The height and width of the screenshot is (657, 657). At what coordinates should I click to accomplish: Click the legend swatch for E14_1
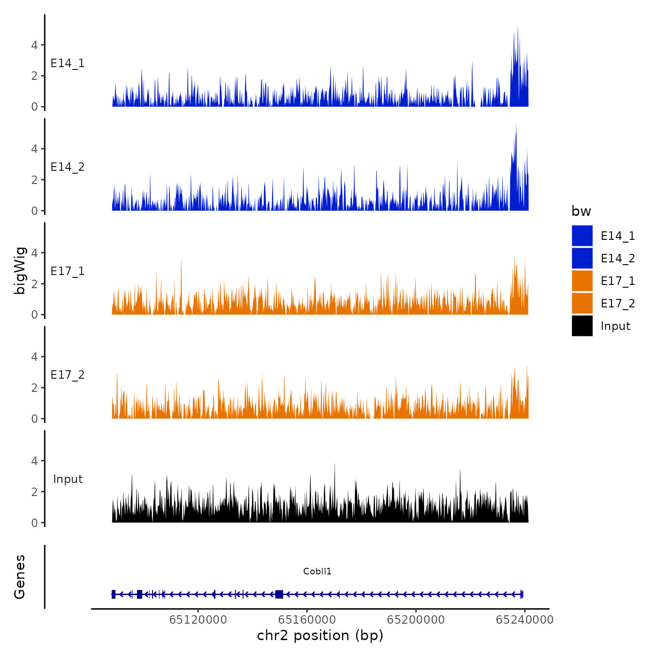click(582, 236)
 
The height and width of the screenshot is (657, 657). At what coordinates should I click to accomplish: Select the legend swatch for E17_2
click(582, 303)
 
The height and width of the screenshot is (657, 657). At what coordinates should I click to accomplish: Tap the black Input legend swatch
click(582, 326)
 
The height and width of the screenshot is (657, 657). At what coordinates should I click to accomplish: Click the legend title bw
click(581, 211)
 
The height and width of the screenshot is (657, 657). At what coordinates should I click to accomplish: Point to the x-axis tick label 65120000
click(198, 620)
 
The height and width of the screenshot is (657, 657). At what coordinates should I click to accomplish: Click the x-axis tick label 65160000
click(307, 620)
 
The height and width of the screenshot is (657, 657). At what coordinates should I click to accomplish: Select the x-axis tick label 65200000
click(416, 620)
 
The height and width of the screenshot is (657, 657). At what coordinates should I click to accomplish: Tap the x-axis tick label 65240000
click(525, 620)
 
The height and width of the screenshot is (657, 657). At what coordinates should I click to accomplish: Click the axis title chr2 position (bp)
click(320, 635)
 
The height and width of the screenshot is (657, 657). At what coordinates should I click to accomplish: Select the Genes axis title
click(20, 577)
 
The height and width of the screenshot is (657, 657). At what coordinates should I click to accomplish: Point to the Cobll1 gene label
click(317, 571)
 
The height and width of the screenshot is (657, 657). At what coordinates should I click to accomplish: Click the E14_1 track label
click(68, 63)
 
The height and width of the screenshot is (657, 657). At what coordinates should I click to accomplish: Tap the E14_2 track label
click(68, 167)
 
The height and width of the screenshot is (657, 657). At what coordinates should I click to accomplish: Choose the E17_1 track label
click(68, 271)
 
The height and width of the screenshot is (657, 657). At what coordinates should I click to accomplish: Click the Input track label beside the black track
click(68, 479)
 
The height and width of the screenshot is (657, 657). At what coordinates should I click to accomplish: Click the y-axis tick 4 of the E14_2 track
click(34, 149)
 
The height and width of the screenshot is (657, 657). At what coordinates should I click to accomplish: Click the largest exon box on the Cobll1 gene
click(279, 594)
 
